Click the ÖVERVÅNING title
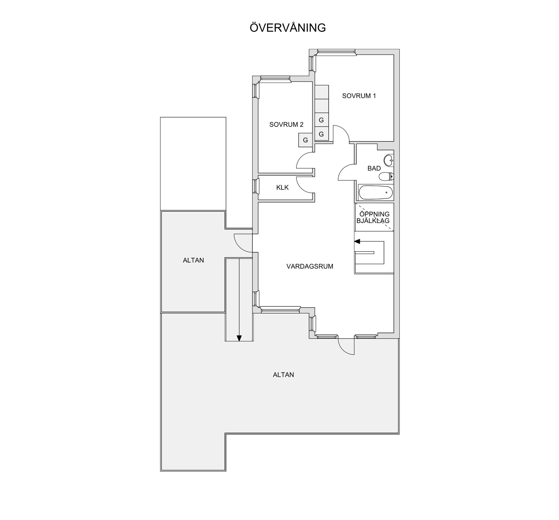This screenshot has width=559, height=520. (288, 28)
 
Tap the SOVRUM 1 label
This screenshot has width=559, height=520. (359, 96)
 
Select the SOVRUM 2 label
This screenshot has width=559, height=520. (286, 125)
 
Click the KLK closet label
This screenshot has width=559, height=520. (282, 187)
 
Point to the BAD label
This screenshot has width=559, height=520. (374, 168)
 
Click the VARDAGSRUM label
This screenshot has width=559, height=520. (309, 266)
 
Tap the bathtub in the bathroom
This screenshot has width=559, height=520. (375, 193)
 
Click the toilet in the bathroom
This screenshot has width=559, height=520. (386, 176)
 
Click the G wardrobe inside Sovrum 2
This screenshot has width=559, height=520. (305, 140)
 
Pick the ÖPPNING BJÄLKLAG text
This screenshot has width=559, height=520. (373, 217)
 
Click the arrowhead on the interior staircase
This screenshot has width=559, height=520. (357, 241)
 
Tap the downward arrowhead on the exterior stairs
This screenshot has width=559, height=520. (239, 338)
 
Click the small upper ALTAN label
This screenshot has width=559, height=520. (193, 260)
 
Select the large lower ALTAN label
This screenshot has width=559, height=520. (283, 375)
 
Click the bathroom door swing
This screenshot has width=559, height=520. (346, 172)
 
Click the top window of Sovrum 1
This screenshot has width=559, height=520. (336, 52)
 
